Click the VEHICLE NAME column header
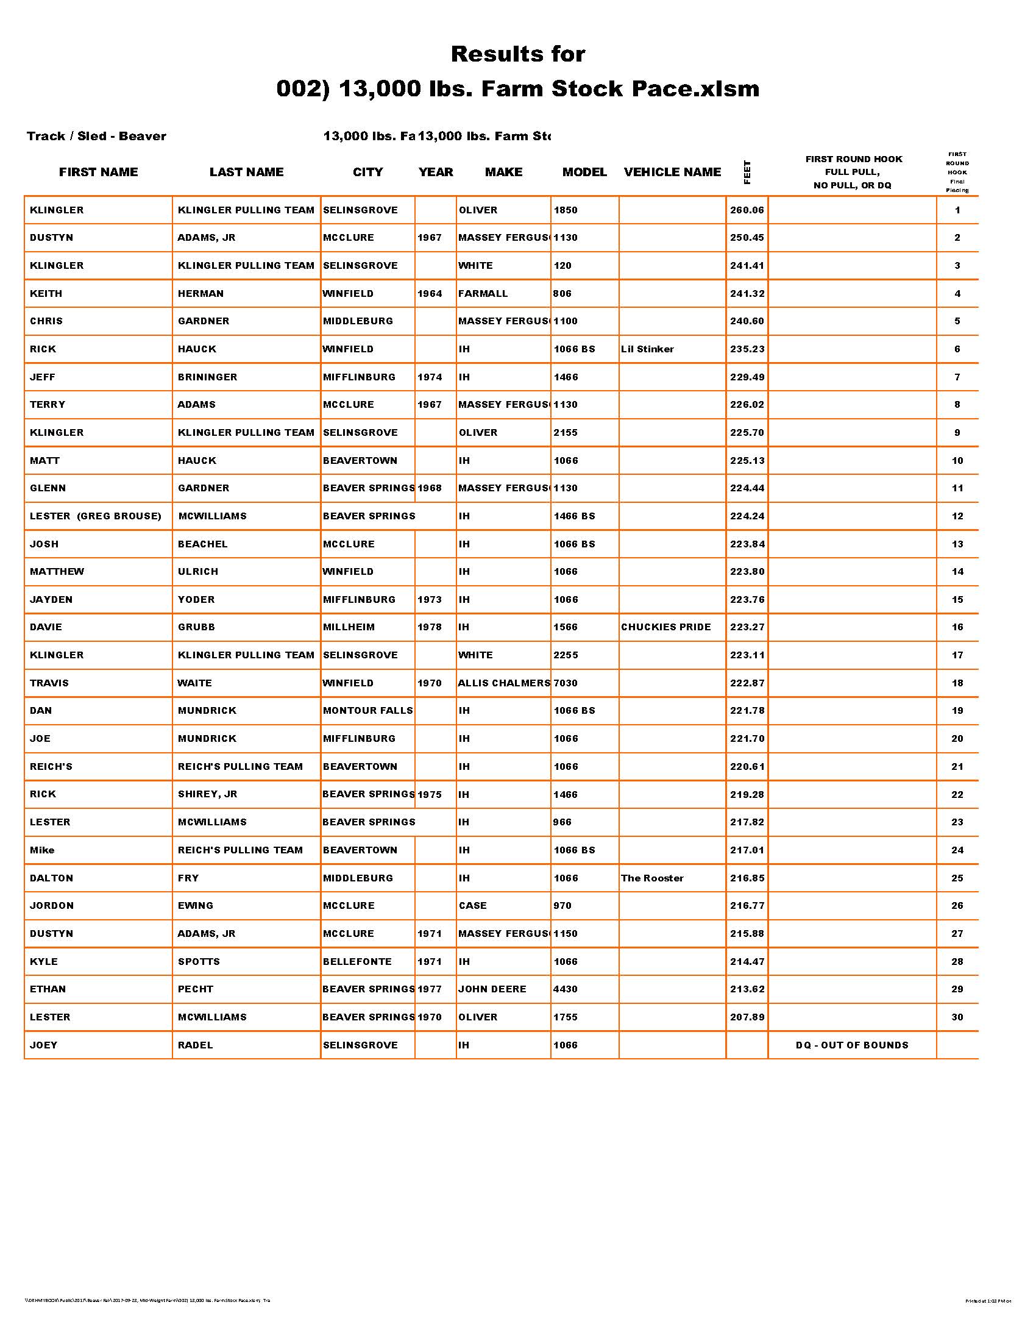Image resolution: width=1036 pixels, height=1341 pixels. tap(672, 172)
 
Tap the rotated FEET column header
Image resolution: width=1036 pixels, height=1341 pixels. tap(747, 172)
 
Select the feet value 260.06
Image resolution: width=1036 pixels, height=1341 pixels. tap(747, 210)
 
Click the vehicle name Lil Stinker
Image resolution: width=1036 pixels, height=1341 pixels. tap(647, 349)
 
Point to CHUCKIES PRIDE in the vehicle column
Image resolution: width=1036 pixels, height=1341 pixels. tap(665, 627)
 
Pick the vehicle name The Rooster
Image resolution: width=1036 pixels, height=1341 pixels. tap(652, 878)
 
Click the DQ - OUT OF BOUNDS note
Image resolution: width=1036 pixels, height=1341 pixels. tap(852, 1045)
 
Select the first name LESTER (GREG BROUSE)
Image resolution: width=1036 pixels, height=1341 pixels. tap(95, 516)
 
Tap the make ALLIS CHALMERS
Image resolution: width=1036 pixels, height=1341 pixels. tap(503, 683)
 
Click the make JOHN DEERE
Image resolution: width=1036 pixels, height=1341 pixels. tap(492, 989)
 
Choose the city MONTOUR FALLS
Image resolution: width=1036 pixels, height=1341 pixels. tap(367, 710)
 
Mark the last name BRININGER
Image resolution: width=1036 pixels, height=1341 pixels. tap(207, 377)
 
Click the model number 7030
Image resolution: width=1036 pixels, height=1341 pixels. tap(566, 683)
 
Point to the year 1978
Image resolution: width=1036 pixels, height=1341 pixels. tap(430, 627)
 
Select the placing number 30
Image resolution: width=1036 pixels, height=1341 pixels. tap(957, 1017)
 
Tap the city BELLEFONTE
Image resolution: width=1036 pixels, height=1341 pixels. tap(357, 961)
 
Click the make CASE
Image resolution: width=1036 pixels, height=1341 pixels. tap(472, 906)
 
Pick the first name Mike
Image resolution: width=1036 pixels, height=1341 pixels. tap(42, 850)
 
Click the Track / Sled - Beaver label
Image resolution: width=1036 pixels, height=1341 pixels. tap(96, 137)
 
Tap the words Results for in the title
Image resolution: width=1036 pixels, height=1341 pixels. tap(518, 54)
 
